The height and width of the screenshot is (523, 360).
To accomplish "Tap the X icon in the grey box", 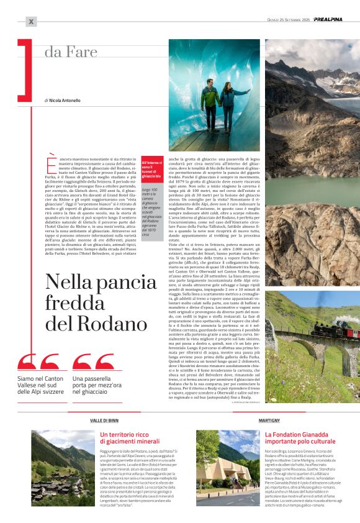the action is [32, 22].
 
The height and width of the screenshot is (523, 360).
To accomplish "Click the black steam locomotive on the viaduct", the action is [327, 327].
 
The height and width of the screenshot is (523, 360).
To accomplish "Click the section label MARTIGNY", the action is [268, 421].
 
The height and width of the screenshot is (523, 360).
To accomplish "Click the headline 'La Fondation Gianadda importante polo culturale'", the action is [300, 439].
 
